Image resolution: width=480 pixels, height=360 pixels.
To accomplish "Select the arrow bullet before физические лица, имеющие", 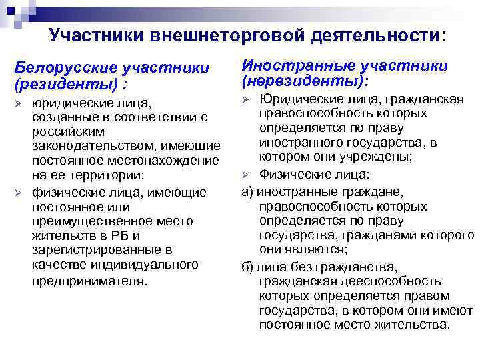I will (19, 193).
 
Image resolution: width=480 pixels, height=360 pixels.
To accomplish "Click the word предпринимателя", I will (87, 281).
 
